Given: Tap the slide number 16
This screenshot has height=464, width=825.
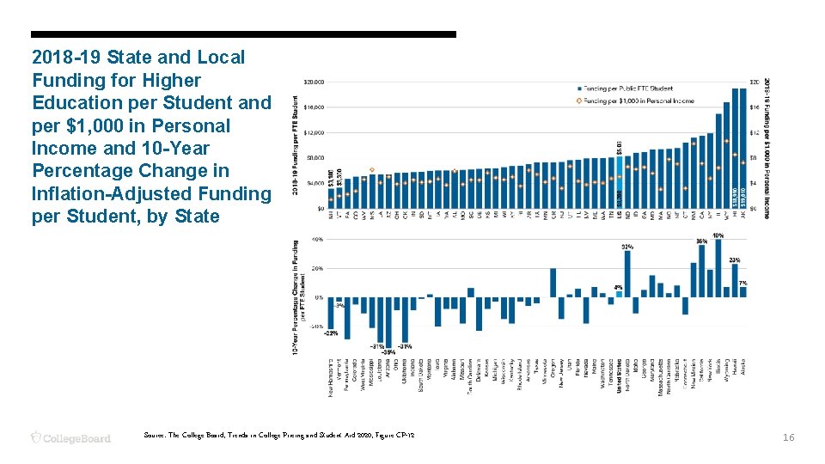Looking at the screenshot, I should [789, 437].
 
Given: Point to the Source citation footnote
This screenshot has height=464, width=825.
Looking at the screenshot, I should [280, 437].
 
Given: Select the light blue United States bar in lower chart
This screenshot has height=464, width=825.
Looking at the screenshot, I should [619, 294].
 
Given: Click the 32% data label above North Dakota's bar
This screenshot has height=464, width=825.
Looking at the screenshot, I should [627, 246].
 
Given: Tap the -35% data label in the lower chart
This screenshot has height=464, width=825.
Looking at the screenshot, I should [388, 351].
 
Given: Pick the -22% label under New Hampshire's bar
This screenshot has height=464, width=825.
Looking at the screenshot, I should [332, 333].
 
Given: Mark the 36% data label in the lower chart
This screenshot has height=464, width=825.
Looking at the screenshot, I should [701, 241].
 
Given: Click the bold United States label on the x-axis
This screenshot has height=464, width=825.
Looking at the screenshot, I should [619, 375].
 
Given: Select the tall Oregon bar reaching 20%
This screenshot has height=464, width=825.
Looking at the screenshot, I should [553, 283].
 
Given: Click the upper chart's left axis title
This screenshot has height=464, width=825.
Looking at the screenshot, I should [296, 148].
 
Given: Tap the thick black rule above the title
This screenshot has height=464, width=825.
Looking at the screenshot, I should [243, 34].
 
